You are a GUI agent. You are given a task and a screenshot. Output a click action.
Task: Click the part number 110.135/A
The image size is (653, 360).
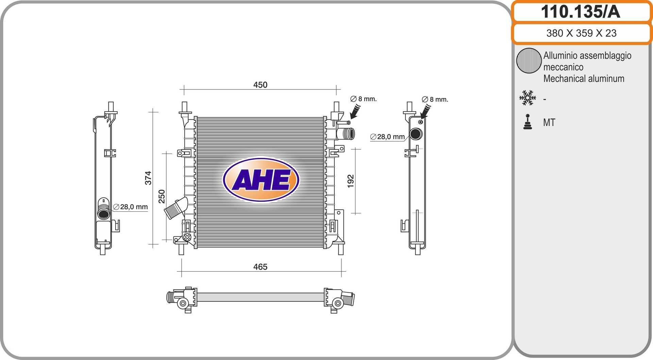coord(581,12)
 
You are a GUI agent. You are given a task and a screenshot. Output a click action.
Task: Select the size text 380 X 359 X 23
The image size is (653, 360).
coord(581,33)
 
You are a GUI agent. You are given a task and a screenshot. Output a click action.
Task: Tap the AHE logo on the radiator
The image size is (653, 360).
coord(261,179)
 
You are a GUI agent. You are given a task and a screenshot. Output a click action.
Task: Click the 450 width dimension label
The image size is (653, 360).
coord(260,85)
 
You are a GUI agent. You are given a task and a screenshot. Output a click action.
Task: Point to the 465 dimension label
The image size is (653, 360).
coord(260,267)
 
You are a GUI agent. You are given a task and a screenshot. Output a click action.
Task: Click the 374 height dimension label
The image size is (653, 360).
coord(148,178)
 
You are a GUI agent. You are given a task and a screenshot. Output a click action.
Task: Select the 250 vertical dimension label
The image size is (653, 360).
coord(162,196)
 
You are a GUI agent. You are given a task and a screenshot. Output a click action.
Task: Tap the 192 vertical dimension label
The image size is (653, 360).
coord(351,181)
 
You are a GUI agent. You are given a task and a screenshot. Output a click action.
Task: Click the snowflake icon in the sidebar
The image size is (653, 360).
coord(528,98)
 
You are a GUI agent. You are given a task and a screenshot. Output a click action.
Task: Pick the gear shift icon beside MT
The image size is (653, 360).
coord(528,122)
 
